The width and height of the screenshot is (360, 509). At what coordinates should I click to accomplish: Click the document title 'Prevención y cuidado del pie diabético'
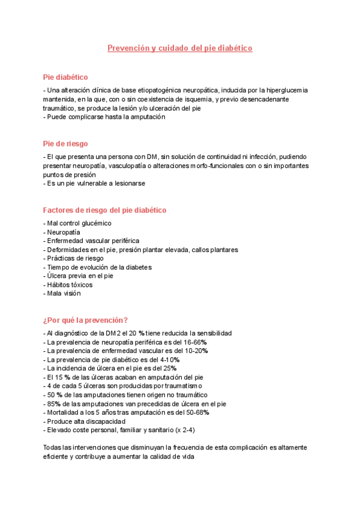[x=179, y=47]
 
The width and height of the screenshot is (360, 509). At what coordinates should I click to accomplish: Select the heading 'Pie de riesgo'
[x=65, y=143]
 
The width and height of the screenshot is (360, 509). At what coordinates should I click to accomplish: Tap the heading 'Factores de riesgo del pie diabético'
[x=105, y=210]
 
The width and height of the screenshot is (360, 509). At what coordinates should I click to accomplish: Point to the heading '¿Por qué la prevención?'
[x=85, y=320]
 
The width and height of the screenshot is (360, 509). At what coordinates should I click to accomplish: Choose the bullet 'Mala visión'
[x=62, y=294]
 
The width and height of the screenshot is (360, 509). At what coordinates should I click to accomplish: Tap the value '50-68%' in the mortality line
[x=197, y=412]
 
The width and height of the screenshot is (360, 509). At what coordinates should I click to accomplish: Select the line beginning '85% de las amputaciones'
[x=135, y=403]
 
